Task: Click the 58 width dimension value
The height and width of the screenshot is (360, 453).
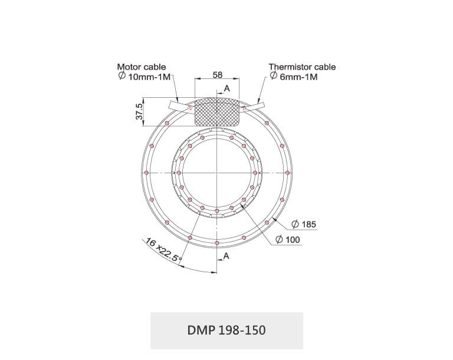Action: coord(218,75)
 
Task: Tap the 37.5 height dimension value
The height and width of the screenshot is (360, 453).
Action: coord(139,111)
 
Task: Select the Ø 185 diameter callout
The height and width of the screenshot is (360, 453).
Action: coord(304,224)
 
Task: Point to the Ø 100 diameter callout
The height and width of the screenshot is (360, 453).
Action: coord(287,239)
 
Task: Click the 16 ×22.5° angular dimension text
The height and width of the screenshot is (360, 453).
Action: coord(163,250)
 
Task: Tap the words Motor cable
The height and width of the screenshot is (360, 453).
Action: coord(142,67)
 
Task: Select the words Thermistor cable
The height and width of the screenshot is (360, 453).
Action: coord(302,67)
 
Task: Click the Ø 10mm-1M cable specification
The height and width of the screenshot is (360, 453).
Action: coord(145,77)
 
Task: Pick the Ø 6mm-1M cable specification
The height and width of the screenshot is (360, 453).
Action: coord(294,77)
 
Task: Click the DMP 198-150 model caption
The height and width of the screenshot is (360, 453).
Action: coord(226,331)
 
